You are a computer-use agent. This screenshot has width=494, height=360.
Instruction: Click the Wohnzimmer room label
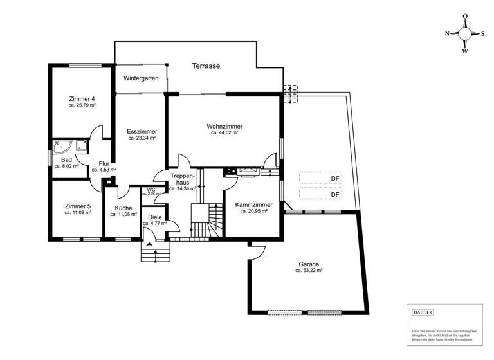tap(224, 126)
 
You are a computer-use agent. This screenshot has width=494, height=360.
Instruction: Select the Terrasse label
tap(206, 66)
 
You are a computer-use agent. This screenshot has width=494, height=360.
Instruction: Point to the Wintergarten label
tap(141, 78)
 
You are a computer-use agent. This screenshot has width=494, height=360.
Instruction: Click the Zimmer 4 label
tap(82, 98)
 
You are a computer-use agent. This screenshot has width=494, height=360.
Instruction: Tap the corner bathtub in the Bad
tap(62, 146)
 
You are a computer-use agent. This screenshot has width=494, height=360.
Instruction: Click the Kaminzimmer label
tap(253, 205)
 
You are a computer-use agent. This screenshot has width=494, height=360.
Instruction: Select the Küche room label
tap(123, 208)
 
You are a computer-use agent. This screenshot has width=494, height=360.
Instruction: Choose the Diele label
tap(154, 217)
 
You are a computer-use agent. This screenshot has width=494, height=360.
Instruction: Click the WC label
tap(152, 190)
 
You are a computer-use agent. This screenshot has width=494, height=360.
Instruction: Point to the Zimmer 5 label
tap(77, 206)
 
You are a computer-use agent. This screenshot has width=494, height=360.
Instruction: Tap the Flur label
tap(104, 163)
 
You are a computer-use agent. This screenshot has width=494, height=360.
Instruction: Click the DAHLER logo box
tap(422, 312)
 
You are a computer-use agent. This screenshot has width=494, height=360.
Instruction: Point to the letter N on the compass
tap(448, 33)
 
